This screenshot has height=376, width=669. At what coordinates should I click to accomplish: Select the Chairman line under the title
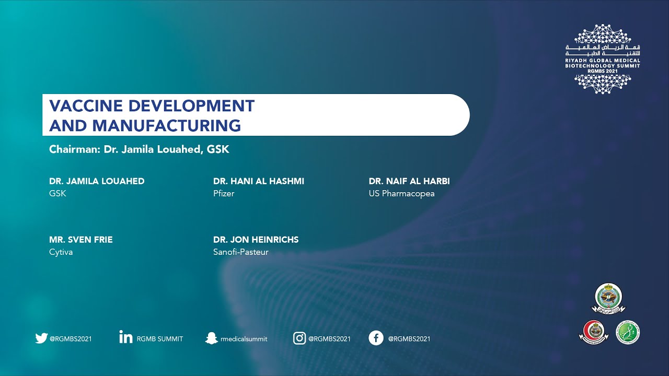point(139,149)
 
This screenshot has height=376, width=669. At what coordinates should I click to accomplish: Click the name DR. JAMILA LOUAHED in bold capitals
point(97,181)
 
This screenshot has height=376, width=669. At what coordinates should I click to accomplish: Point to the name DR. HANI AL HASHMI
point(258,181)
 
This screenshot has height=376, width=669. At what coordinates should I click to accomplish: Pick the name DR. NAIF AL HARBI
point(409,181)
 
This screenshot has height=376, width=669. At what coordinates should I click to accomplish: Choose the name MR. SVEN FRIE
point(81,240)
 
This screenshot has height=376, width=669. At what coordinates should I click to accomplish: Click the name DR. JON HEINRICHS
point(256,240)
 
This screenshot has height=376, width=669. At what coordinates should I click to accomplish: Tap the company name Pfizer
point(224,194)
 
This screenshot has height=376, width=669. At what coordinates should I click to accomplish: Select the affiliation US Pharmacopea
point(401,194)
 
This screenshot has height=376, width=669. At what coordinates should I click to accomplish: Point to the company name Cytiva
point(61,252)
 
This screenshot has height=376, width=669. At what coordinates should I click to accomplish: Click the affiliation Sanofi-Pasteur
point(240,252)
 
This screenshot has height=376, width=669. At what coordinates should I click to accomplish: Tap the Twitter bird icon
point(41,338)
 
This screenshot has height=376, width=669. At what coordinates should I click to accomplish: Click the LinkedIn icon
point(125,337)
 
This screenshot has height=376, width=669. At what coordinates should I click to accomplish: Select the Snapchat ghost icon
point(211,338)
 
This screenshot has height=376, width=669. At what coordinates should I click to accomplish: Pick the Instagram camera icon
point(299,338)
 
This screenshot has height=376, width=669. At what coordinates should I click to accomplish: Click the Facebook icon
point(376,338)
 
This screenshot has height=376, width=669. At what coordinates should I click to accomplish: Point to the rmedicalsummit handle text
point(244,339)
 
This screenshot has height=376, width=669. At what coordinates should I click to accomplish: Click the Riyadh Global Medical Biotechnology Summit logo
point(603,59)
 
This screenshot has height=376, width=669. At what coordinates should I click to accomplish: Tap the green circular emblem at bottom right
point(627,332)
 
